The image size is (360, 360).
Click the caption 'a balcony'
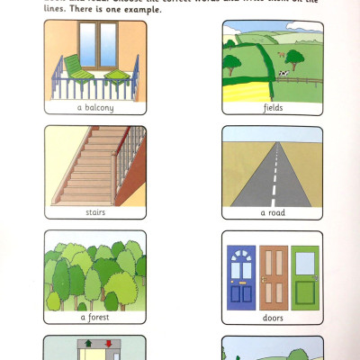click(x=94, y=106)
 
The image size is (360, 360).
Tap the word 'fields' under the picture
click(x=273, y=106)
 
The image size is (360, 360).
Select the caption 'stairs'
click(x=94, y=212)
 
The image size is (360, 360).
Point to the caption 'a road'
click(x=273, y=212)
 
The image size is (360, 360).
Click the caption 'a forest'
click(x=94, y=318)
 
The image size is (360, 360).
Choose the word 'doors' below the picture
click(x=273, y=318)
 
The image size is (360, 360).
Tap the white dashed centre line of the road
click(x=273, y=180)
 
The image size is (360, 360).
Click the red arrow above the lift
click(x=106, y=343)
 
